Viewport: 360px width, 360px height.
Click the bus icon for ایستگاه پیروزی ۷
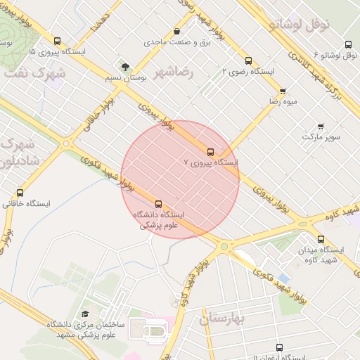pyautogui.click(x=210, y=152)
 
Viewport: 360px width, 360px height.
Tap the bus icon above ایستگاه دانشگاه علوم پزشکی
pyautogui.click(x=157, y=204)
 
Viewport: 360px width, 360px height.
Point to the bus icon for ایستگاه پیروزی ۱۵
pyautogui.click(x=56, y=41)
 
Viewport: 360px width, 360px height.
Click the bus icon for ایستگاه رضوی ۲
pyautogui.click(x=248, y=61)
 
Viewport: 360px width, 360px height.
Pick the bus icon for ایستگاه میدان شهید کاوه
pyautogui.click(x=321, y=239)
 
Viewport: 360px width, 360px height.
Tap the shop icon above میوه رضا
pyautogui.click(x=283, y=91)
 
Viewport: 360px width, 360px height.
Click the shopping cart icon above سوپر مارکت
pyautogui.click(x=321, y=127)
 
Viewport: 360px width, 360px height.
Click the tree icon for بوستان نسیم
pyautogui.click(x=125, y=67)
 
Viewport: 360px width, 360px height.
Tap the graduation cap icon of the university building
pyautogui.click(x=86, y=314)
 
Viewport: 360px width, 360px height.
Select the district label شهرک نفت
pyautogui.click(x=34, y=72)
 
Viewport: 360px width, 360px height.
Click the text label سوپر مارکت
pyautogui.click(x=322, y=136)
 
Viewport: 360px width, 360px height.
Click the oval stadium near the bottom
pyautogui.click(x=155, y=330)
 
